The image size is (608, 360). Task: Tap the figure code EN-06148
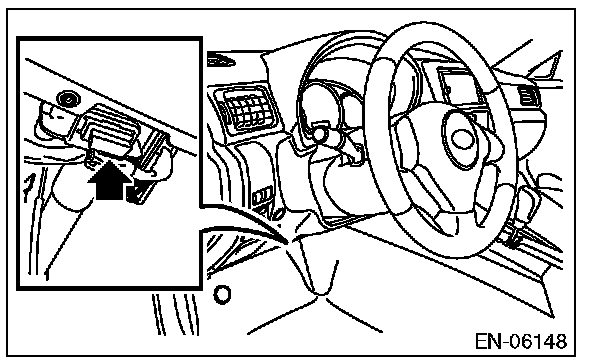tap(521, 341)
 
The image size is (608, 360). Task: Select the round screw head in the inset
tap(67, 99)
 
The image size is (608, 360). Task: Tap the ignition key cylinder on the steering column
tap(319, 132)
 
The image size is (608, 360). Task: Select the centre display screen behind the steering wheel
tap(459, 86)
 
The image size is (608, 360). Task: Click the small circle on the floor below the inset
tap(222, 295)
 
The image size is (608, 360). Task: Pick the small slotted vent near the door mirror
tap(527, 95)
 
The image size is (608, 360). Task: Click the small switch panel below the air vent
tap(262, 195)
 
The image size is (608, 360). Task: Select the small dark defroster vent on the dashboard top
tap(221, 61)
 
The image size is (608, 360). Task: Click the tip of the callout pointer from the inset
tap(288, 244)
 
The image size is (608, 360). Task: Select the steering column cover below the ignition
tap(337, 186)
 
